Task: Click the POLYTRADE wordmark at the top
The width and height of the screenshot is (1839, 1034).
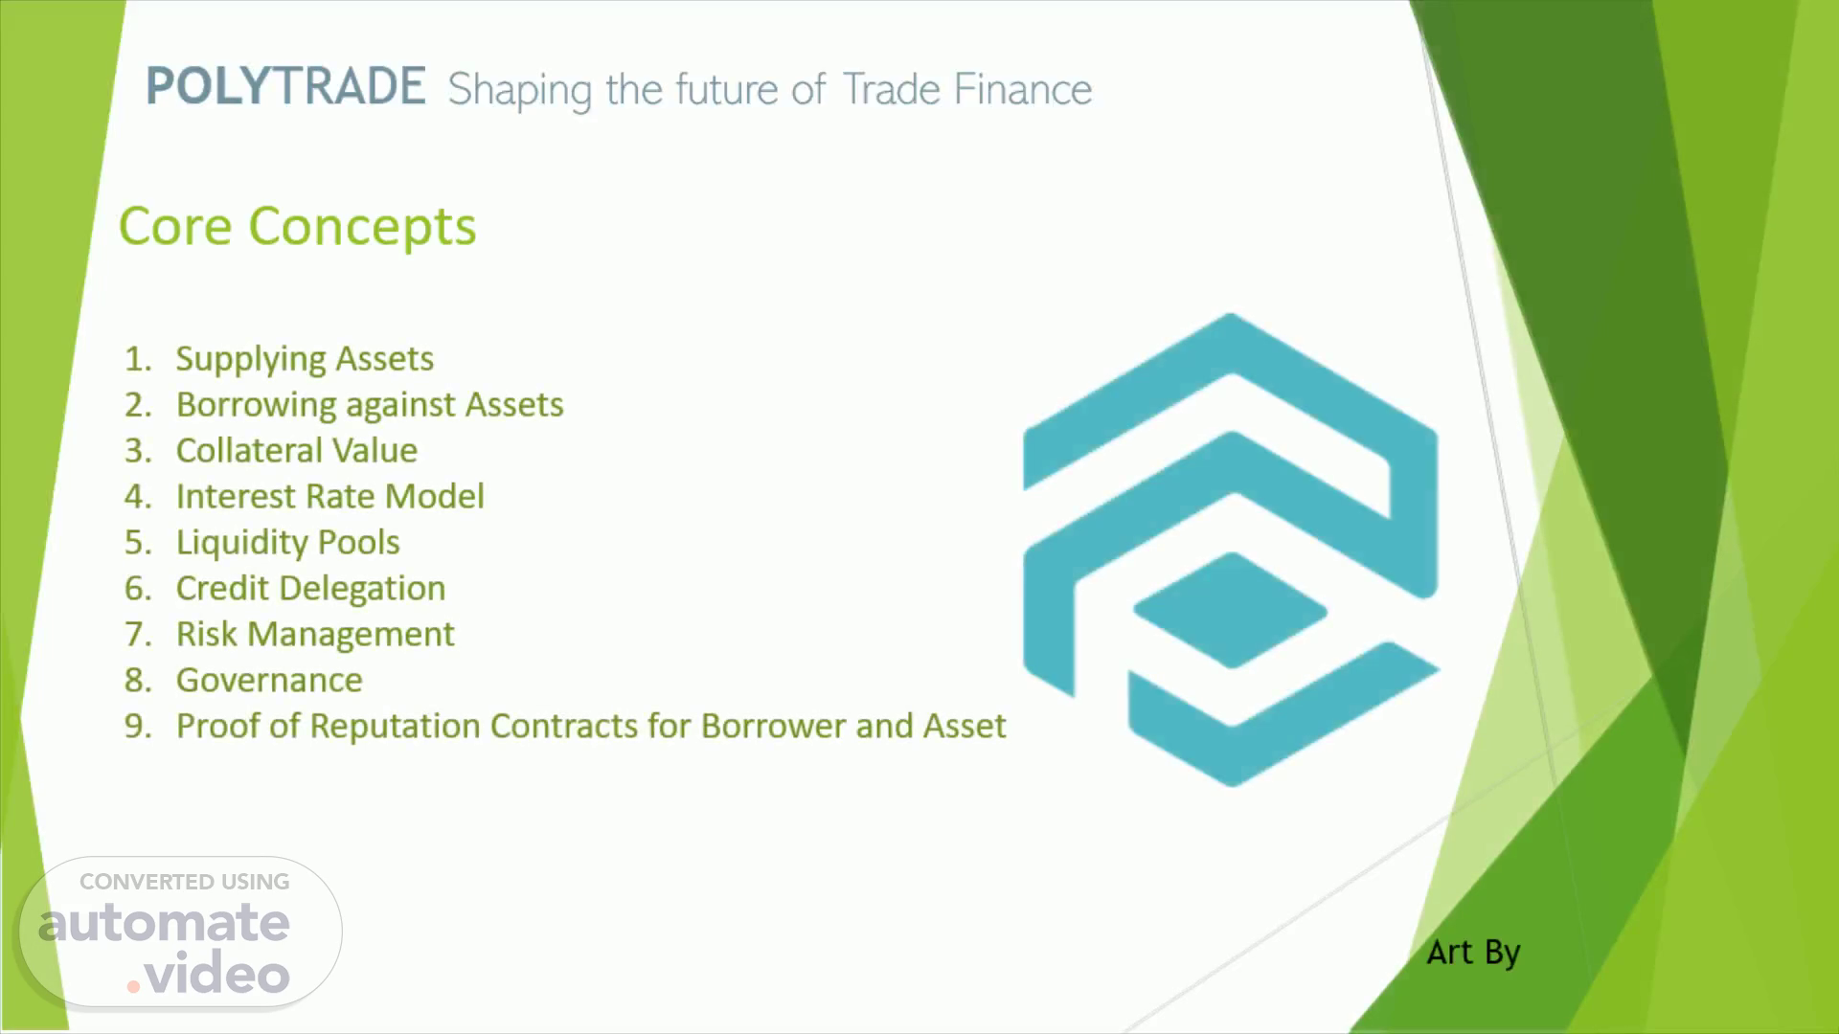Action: (x=285, y=86)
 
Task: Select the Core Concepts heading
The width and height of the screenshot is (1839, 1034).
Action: (x=297, y=227)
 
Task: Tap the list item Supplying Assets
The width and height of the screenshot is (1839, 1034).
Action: (x=305, y=359)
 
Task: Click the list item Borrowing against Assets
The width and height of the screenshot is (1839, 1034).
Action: (x=370, y=405)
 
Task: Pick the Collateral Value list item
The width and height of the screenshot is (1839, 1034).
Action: (x=297, y=450)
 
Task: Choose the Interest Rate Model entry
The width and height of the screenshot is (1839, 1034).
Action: (x=329, y=496)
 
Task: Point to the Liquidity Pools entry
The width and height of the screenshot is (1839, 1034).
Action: (x=287, y=543)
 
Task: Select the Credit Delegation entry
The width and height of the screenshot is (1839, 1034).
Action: (x=310, y=589)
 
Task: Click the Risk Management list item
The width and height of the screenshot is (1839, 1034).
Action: (x=315, y=635)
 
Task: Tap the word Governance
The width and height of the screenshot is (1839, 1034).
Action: (x=269, y=680)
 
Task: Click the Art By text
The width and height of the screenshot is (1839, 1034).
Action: (x=1473, y=953)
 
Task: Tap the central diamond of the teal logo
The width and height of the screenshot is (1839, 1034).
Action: (x=1231, y=610)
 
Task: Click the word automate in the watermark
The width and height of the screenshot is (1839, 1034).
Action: (x=164, y=923)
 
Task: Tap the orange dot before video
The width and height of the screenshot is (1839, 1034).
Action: (x=134, y=985)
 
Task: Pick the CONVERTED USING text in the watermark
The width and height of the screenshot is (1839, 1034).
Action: (x=185, y=882)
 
